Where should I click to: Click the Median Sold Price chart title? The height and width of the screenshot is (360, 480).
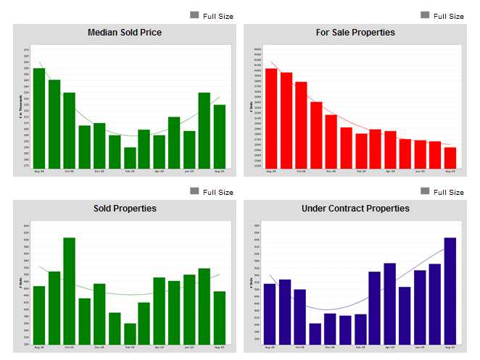[124, 33]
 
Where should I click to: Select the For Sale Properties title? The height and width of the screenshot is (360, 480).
[355, 33]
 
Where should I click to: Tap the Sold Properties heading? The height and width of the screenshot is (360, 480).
[124, 209]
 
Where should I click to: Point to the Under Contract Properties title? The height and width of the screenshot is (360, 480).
[355, 209]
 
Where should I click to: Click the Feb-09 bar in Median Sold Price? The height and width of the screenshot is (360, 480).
[130, 158]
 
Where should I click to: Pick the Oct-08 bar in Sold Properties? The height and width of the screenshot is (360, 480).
[70, 290]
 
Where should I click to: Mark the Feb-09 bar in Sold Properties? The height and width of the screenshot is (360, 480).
[130, 333]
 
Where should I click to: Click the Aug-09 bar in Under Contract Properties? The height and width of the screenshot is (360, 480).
[450, 290]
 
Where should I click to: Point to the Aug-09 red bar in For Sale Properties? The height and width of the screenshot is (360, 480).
[450, 157]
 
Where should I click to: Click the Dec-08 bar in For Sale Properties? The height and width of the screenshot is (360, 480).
[331, 141]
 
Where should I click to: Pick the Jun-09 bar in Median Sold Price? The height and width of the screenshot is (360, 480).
[189, 150]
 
